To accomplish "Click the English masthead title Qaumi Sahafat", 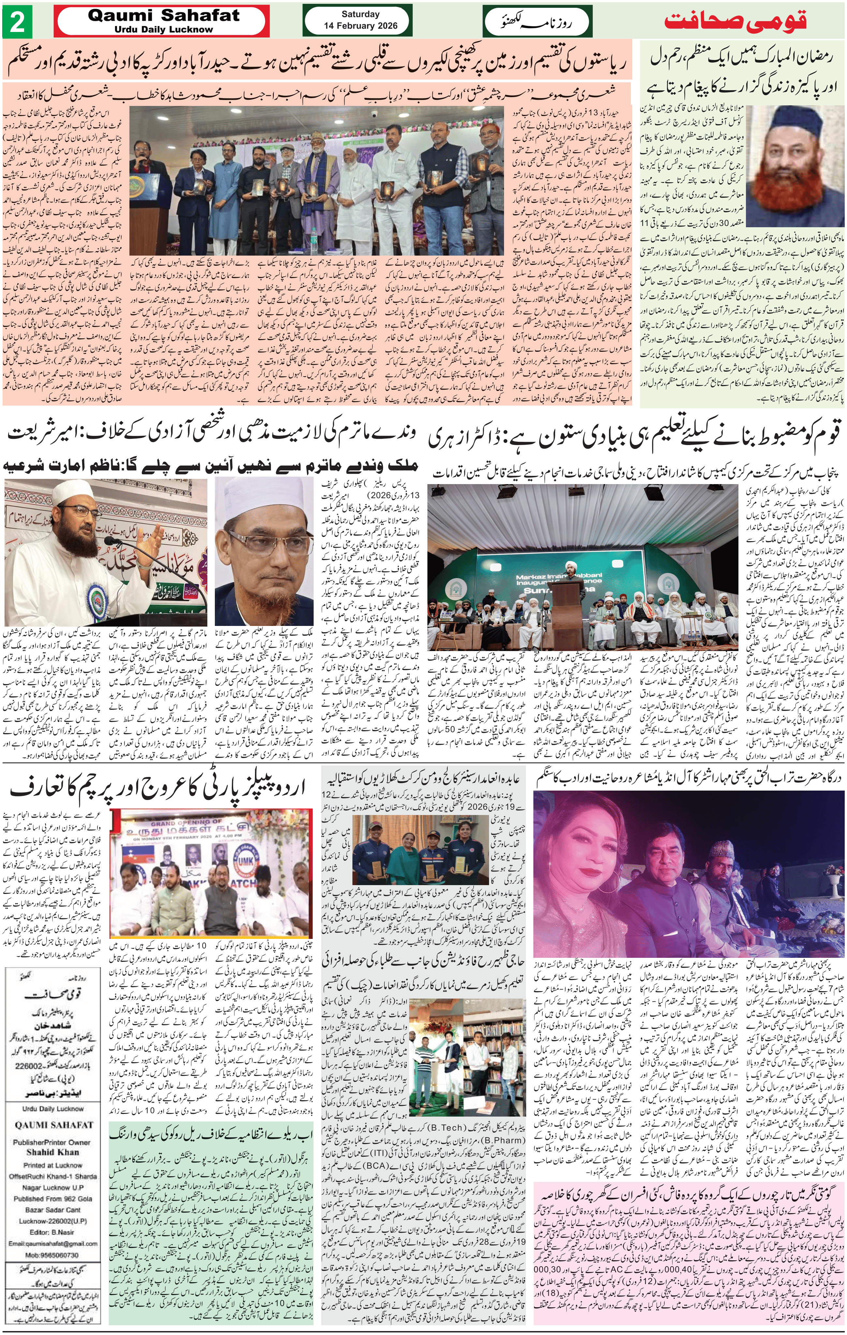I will [164, 16].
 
